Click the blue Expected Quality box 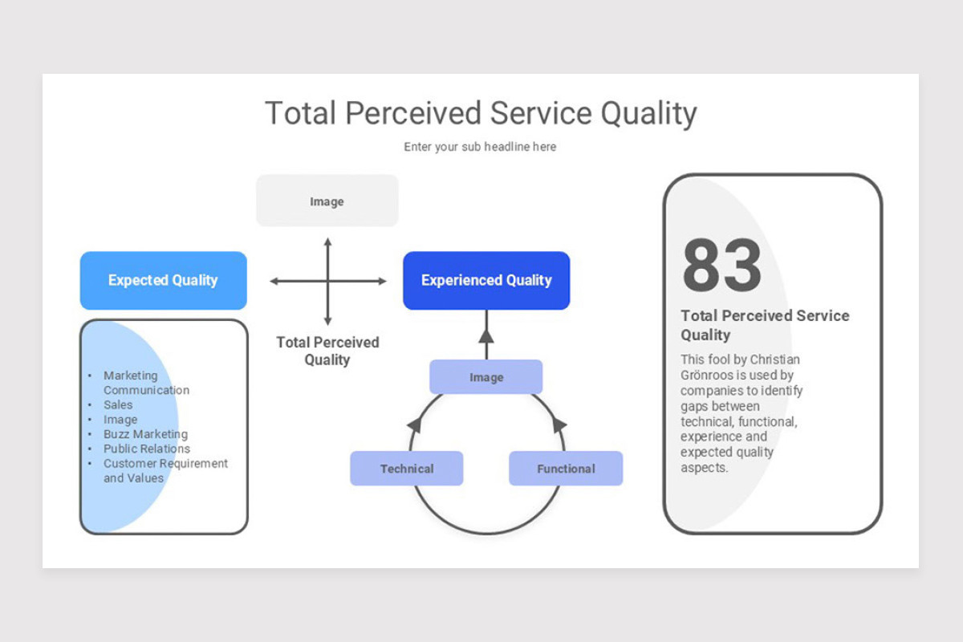(x=163, y=281)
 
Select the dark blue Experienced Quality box (x=486, y=281)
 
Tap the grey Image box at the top (x=327, y=201)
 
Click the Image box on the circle (x=486, y=377)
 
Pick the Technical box (x=406, y=469)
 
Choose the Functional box (x=566, y=469)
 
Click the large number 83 (x=721, y=266)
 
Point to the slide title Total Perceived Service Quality (x=481, y=113)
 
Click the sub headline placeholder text (x=480, y=147)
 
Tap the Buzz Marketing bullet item (x=145, y=434)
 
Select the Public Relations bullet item (x=147, y=449)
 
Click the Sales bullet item (x=118, y=404)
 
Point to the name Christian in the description (x=774, y=360)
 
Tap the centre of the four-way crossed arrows (x=327, y=281)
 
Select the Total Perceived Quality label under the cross (x=327, y=351)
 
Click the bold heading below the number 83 (x=764, y=325)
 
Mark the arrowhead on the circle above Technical (x=414, y=425)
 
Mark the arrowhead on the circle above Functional (x=559, y=425)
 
